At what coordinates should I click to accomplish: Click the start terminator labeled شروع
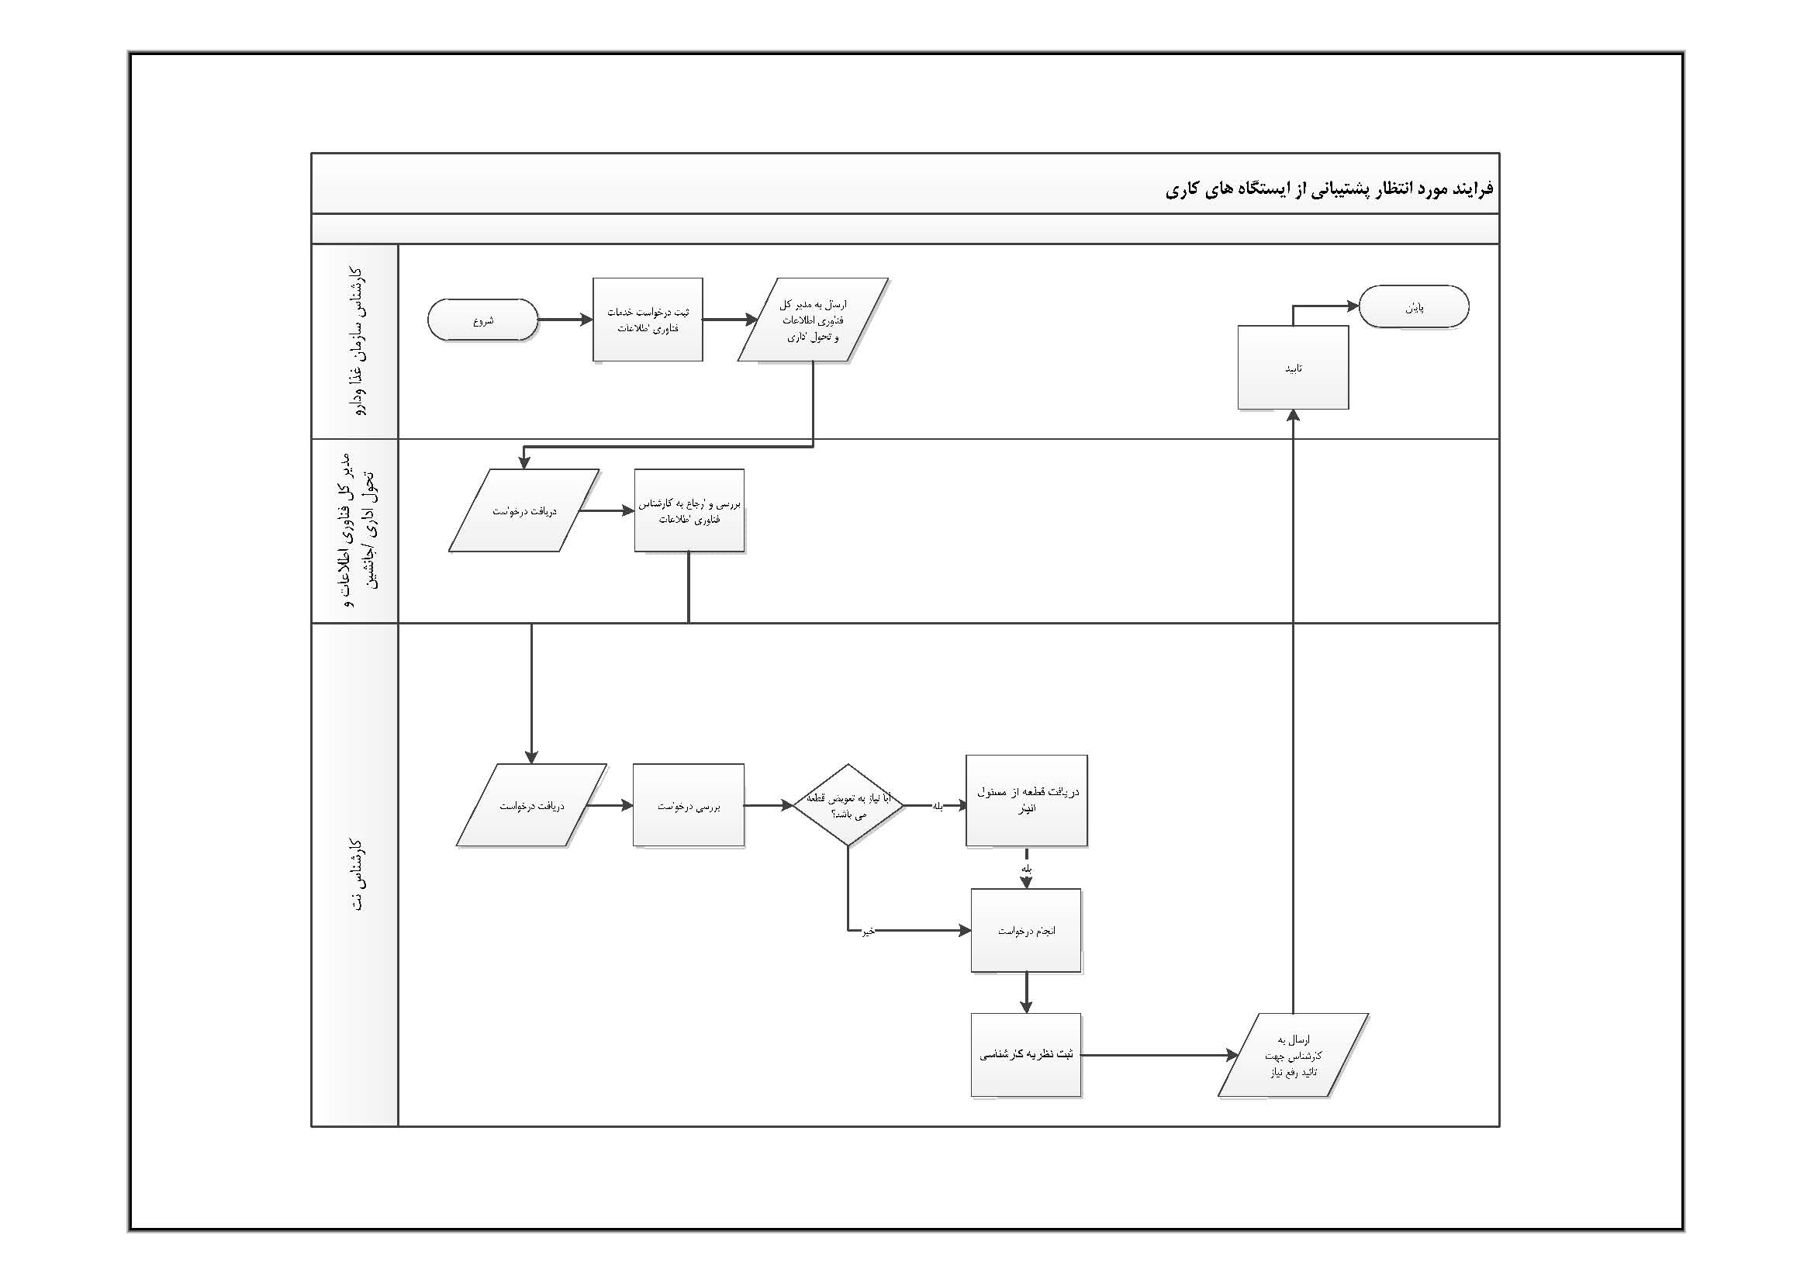tap(482, 320)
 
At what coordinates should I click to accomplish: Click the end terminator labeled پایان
tap(1414, 306)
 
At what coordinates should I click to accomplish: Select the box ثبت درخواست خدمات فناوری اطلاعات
tap(648, 320)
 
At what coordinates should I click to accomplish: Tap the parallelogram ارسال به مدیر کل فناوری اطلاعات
tap(813, 320)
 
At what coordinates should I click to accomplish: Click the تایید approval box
tap(1293, 368)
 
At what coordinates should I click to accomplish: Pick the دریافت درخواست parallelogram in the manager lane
tap(523, 510)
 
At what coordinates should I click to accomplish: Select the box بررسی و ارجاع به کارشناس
tap(689, 510)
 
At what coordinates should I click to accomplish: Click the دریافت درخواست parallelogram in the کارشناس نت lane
tap(531, 806)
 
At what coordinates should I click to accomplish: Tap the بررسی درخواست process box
tap(688, 806)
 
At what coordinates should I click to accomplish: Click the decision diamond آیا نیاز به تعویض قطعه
tap(848, 806)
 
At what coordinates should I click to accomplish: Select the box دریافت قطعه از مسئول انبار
tap(1026, 801)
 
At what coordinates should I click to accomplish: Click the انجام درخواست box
tap(1025, 931)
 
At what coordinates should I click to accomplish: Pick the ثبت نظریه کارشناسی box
tap(1025, 1055)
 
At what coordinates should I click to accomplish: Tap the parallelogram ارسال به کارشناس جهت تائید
tap(1293, 1056)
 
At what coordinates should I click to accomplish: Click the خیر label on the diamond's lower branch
tap(868, 932)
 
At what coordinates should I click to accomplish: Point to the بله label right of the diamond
tap(938, 807)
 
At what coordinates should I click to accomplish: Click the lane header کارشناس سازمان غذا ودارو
tap(354, 341)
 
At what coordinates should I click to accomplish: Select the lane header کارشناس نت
tap(354, 874)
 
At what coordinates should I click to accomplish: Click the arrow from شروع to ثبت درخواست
tap(565, 320)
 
